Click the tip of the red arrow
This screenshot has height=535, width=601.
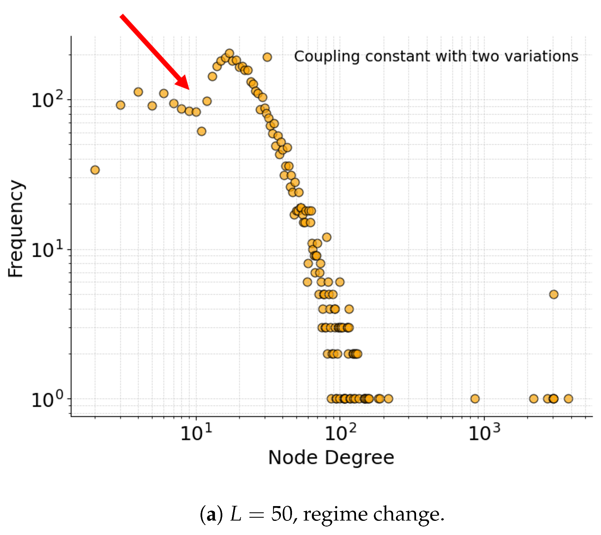189,90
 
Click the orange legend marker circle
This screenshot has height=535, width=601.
267,57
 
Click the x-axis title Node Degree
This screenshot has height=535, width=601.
331,458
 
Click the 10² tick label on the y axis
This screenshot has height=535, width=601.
47,99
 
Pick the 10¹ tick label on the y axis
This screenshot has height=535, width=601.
47,249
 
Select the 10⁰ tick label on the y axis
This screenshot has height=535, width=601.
47,399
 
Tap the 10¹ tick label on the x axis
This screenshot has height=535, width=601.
196,433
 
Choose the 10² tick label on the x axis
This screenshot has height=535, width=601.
340,433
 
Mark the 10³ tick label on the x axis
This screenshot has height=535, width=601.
484,433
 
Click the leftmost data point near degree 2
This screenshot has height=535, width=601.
95,170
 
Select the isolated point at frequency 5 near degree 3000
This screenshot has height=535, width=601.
554,294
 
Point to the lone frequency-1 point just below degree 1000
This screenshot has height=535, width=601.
475,399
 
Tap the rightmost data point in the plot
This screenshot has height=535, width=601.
568,399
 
